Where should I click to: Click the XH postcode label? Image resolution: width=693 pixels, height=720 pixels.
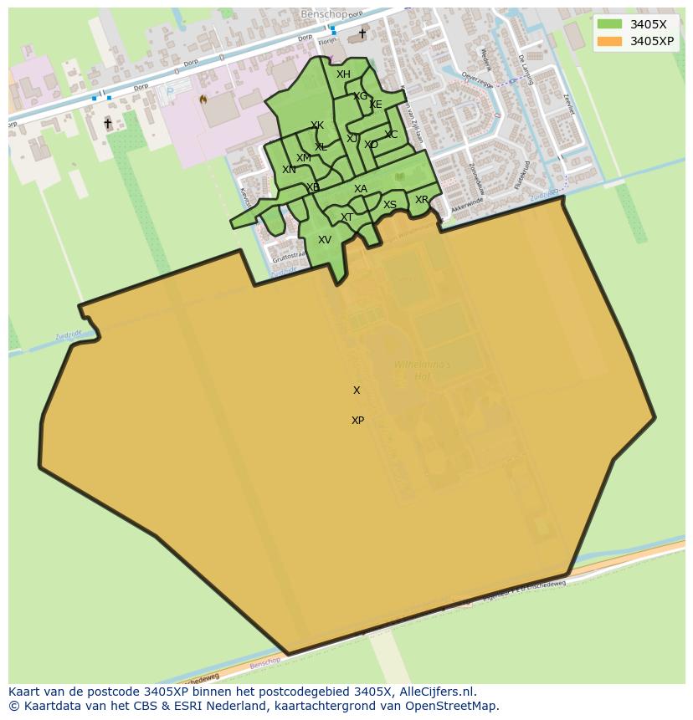pos(343,74)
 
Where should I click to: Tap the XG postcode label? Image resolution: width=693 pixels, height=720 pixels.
pos(360,96)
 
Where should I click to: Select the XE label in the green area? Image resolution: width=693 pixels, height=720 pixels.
pos(376,105)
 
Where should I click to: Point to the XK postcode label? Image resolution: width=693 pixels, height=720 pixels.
pos(317,125)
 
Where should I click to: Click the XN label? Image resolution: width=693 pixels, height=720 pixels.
pos(289,170)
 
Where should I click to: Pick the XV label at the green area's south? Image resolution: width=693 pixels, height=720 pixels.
pos(325,240)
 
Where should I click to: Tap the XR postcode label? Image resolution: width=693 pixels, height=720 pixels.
pos(422,200)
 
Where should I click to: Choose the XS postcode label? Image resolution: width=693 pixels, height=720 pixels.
pos(390,205)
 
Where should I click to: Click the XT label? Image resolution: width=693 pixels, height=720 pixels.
pos(346,217)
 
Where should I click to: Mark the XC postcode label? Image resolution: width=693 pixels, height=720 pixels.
pos(391,135)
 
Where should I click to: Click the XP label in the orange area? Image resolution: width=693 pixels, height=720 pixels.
pos(357,421)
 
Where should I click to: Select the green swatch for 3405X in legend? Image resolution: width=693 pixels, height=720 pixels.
pos(609,24)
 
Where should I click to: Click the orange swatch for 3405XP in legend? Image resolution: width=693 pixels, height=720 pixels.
pos(609,41)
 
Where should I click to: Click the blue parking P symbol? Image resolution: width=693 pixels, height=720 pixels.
pos(171,91)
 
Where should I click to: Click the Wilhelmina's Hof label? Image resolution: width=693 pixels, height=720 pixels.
pos(423,370)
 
